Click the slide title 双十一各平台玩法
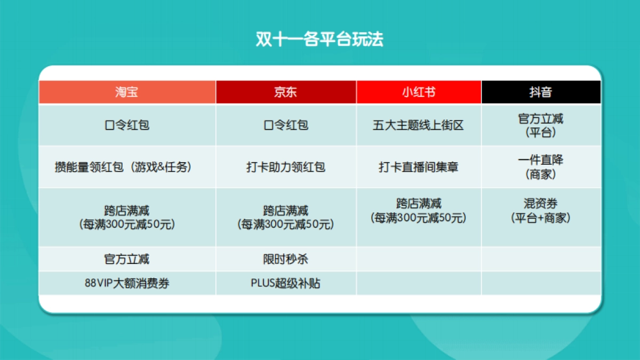319,39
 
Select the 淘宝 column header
126,92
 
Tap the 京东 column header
286,92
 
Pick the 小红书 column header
419,92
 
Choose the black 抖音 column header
540,92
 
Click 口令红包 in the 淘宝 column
126,125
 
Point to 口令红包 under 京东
286,125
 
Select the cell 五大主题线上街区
419,125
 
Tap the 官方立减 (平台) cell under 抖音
540,125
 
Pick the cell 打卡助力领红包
286,167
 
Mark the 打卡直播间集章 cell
419,167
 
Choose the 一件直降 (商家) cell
540,167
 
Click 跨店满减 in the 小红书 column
419,211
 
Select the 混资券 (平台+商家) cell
540,211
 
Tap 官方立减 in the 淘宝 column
126,259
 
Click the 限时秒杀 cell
286,259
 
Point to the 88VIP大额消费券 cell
126,283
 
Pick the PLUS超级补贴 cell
286,283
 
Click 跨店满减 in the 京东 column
286,217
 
